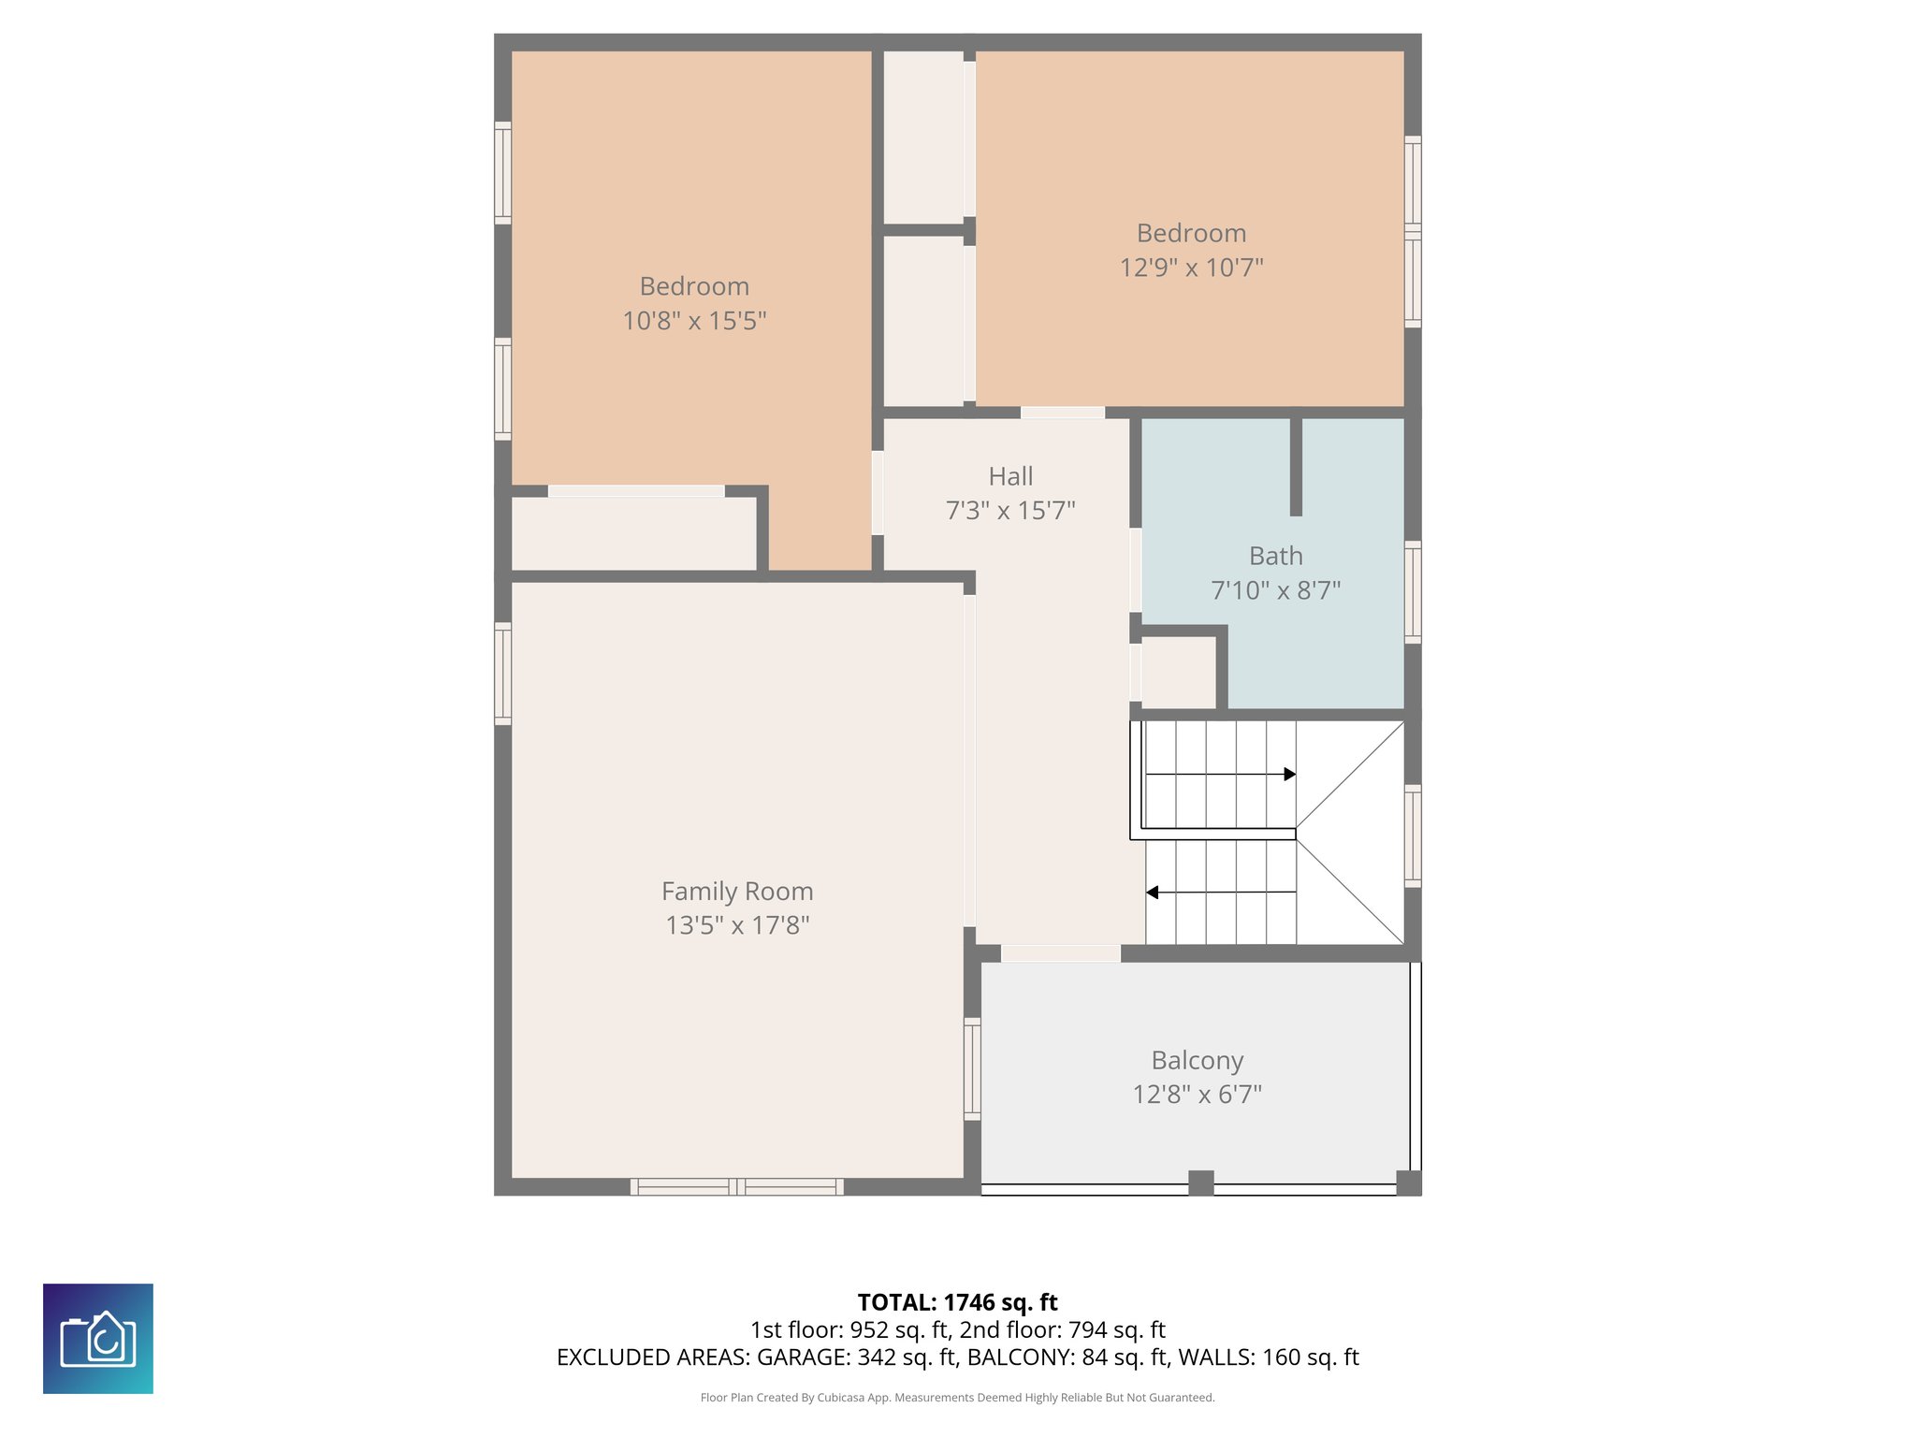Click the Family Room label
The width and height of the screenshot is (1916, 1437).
[x=737, y=891]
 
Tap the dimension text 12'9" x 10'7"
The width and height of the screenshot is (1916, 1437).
[x=1191, y=268]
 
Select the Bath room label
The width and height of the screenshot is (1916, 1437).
[x=1275, y=556]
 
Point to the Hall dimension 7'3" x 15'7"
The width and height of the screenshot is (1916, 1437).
[x=1010, y=511]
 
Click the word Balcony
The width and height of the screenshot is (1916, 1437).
[x=1197, y=1060]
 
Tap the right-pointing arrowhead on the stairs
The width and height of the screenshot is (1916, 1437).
[x=1290, y=774]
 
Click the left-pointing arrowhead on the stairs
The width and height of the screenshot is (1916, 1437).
[x=1153, y=893]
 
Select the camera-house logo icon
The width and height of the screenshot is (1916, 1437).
[x=98, y=1339]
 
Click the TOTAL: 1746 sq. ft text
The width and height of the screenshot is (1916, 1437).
[x=957, y=1302]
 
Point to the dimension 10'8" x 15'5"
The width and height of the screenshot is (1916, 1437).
[x=694, y=321]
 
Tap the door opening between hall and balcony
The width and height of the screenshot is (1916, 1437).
[x=1060, y=953]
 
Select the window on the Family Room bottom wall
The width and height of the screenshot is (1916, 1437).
[x=736, y=1187]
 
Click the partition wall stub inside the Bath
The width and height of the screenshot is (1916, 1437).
[x=1296, y=466]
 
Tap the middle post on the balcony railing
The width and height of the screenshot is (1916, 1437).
[x=1201, y=1183]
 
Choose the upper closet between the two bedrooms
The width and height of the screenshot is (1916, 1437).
[x=923, y=137]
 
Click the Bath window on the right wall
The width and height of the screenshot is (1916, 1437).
[x=1413, y=591]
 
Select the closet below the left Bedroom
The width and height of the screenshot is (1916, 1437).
[x=633, y=533]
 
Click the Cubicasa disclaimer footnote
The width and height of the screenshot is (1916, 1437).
[x=957, y=1398]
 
